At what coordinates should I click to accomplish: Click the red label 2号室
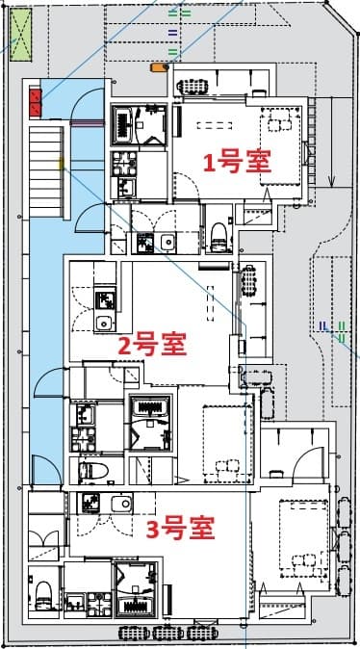[x=152, y=342]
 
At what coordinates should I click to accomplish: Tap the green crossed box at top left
[x=22, y=34]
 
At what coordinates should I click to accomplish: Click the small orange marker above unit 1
[x=158, y=67]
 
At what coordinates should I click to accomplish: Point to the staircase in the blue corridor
[x=44, y=169]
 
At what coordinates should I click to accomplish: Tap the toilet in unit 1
[x=218, y=232]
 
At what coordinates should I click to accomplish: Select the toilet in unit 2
[x=94, y=471]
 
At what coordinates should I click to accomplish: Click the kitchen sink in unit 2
[x=104, y=323]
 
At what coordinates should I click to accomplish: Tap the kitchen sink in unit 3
[x=120, y=504]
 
